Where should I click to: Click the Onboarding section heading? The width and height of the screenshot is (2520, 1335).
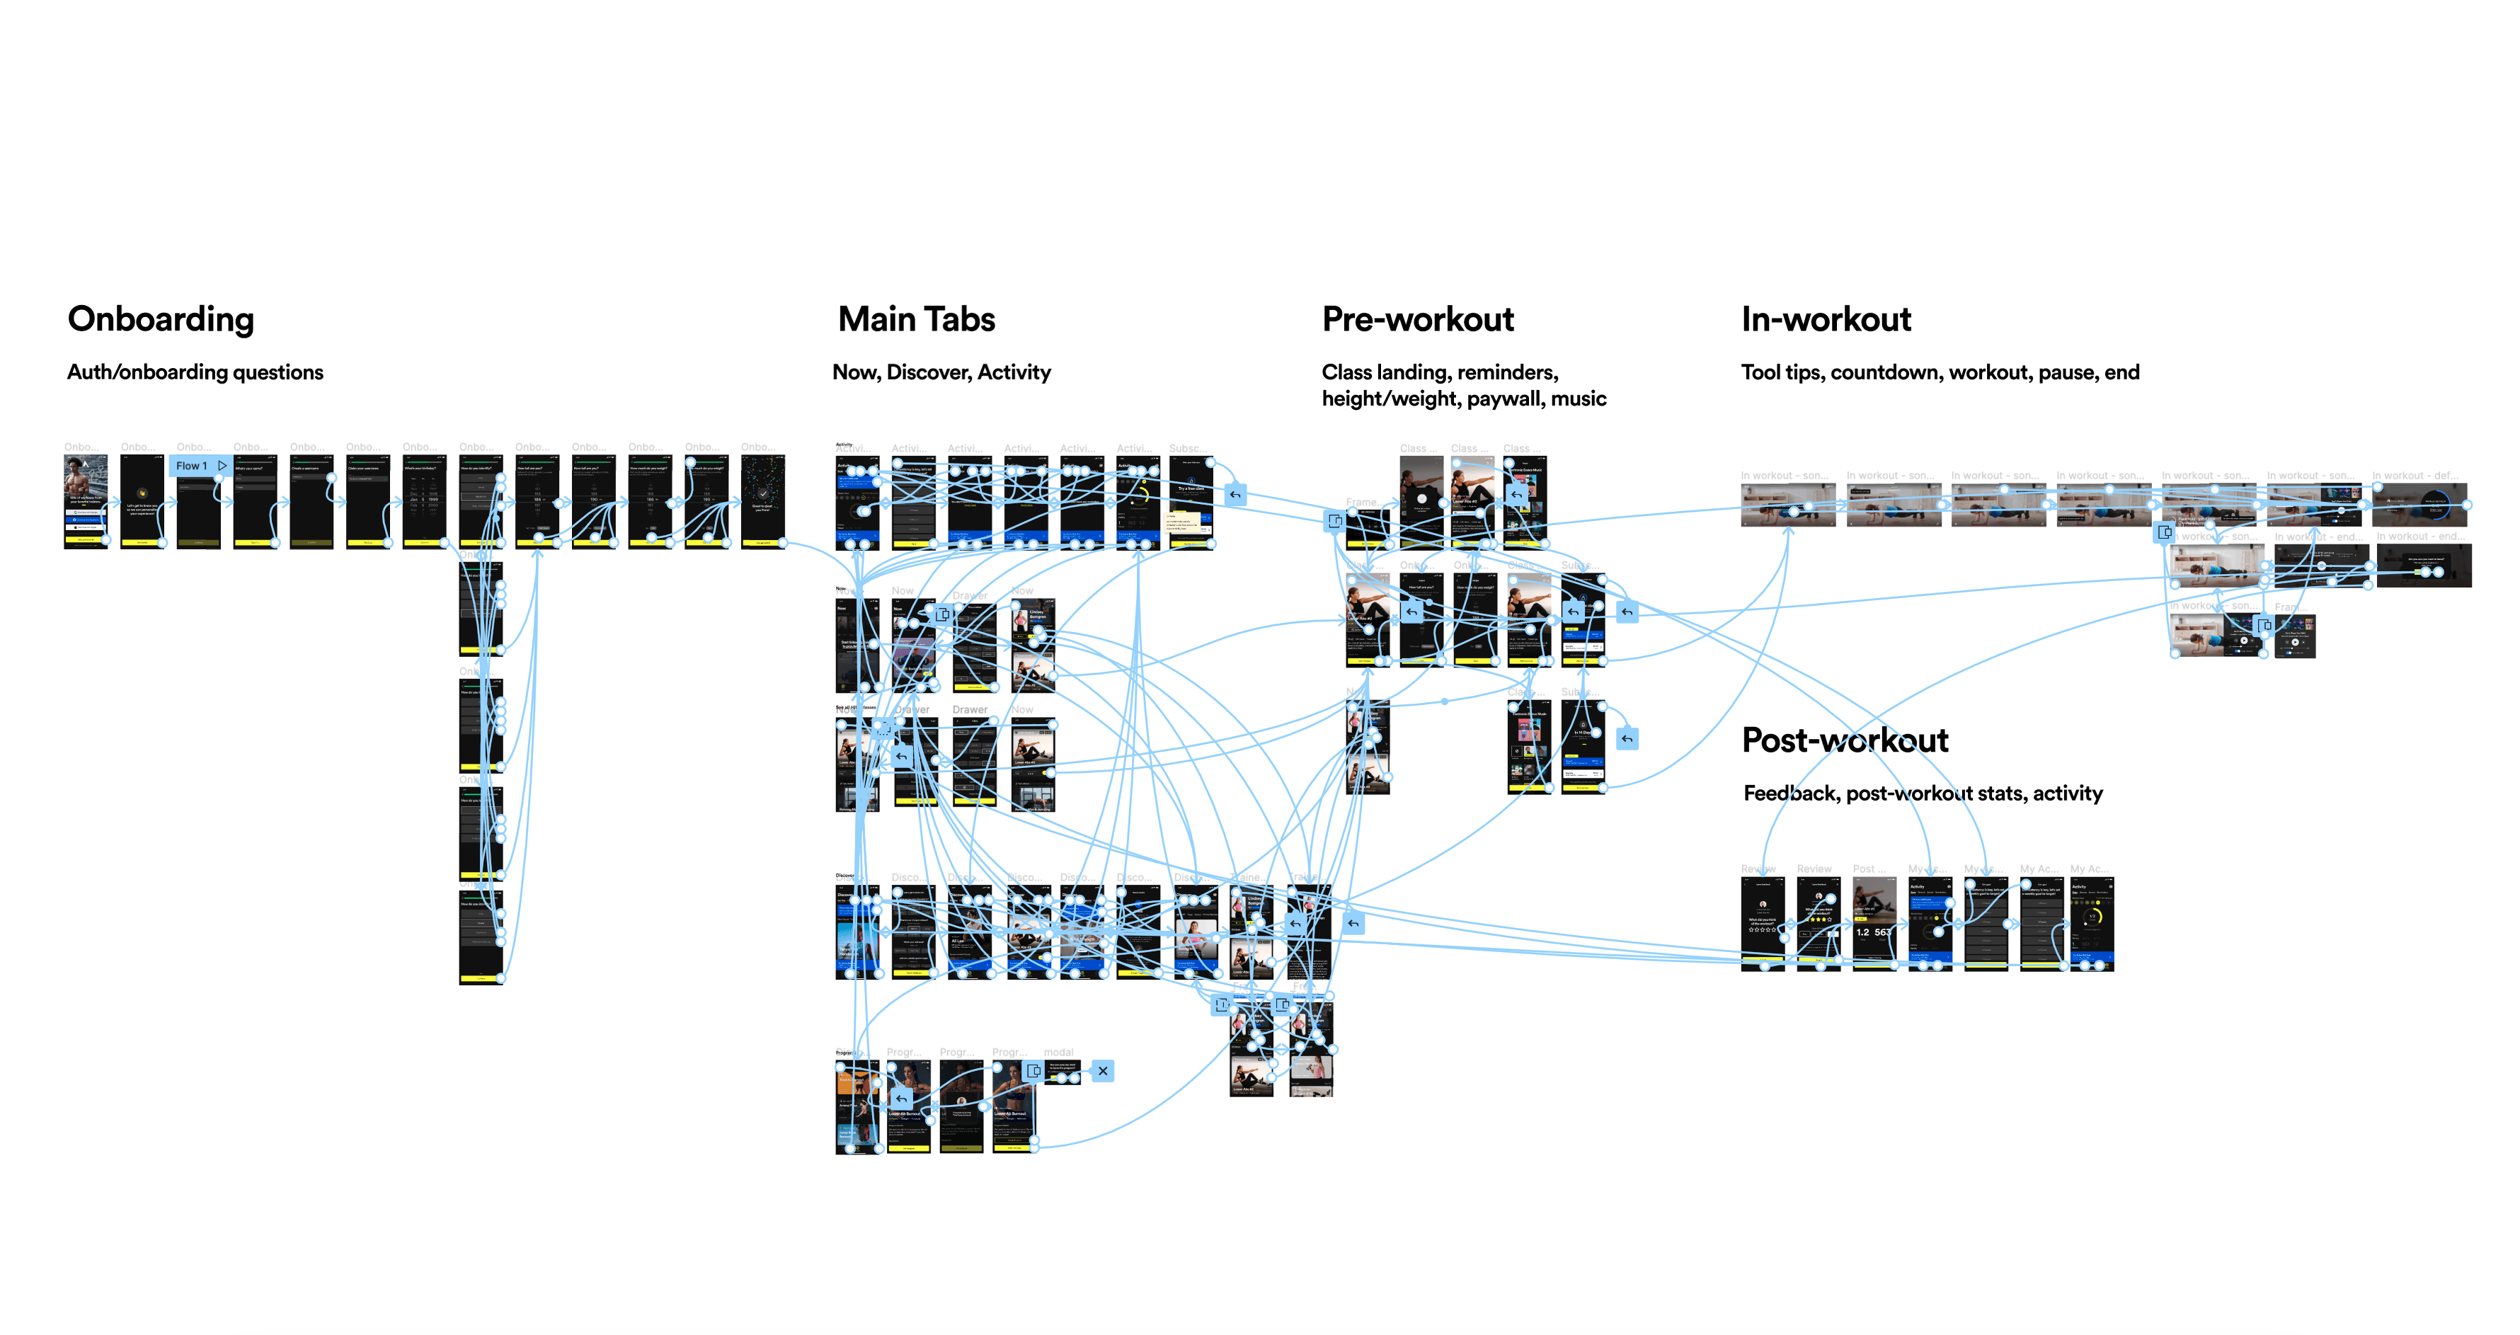(161, 319)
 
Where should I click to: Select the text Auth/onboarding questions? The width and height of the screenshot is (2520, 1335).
(195, 372)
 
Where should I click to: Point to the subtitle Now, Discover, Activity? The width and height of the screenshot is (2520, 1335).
(941, 372)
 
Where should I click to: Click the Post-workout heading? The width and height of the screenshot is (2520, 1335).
(1844, 740)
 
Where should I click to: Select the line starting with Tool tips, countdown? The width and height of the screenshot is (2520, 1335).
(1939, 372)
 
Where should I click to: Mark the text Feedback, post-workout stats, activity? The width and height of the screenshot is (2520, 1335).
(1923, 793)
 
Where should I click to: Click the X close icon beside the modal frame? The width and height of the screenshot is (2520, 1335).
(1103, 1071)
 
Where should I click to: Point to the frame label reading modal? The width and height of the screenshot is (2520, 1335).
(1058, 1053)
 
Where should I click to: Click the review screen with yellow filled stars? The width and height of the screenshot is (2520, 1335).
(1819, 919)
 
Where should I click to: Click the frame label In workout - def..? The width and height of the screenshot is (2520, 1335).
(2413, 475)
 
